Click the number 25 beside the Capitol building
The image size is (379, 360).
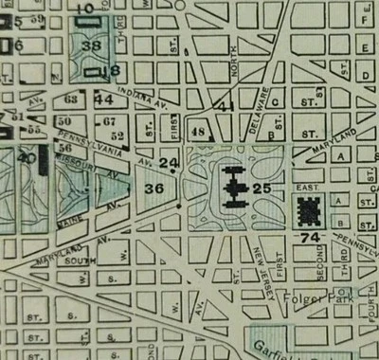(262, 190)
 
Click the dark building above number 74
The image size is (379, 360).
(310, 209)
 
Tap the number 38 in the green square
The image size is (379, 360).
(92, 45)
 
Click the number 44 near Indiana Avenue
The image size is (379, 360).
(103, 99)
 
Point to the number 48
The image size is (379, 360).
(198, 132)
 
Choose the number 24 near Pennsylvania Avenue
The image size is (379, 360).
(170, 164)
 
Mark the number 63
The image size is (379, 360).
(71, 99)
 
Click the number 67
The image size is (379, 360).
(109, 120)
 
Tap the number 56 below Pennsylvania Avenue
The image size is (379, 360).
(65, 148)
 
